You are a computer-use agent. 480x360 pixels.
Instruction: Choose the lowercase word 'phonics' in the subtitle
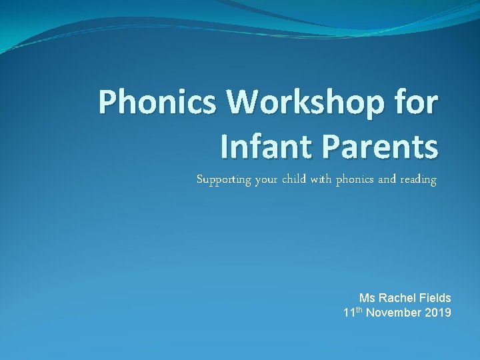(x=357, y=180)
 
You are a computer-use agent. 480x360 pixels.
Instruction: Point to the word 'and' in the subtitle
(x=391, y=179)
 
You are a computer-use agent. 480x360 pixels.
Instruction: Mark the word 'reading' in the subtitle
(x=420, y=180)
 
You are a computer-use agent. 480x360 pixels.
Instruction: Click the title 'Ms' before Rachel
(x=367, y=298)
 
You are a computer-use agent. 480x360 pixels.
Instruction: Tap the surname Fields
(x=435, y=298)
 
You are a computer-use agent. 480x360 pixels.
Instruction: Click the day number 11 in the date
(x=349, y=313)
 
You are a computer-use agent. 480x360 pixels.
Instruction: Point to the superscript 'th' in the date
(x=360, y=309)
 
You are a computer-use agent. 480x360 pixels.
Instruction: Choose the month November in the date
(x=394, y=313)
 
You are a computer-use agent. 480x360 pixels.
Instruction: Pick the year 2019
(x=437, y=313)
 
